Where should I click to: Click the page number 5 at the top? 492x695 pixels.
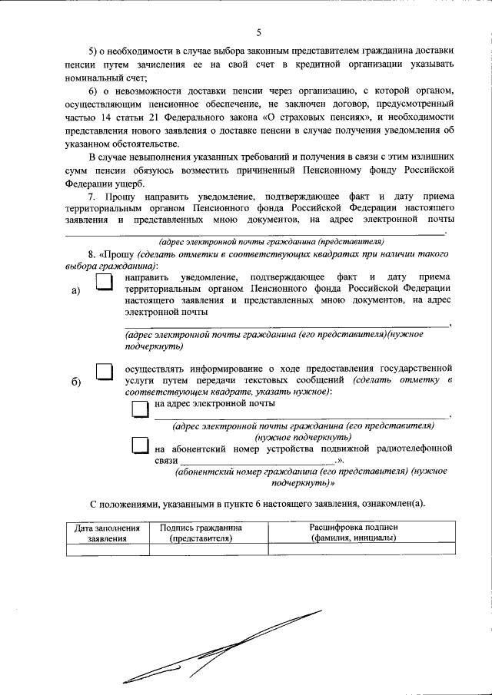click(x=259, y=31)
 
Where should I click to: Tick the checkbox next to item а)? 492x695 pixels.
click(x=103, y=283)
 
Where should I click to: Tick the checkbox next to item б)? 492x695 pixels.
click(x=103, y=372)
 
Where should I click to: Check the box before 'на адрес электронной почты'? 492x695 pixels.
click(x=138, y=408)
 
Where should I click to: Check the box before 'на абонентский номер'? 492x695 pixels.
click(x=138, y=445)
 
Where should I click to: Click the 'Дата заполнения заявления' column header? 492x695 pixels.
click(x=107, y=533)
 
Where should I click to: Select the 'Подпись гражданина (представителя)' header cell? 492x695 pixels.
click(x=201, y=533)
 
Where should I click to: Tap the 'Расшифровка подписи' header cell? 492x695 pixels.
click(x=354, y=533)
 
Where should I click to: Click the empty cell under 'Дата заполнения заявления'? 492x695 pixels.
click(x=107, y=548)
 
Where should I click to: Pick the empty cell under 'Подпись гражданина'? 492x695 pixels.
click(x=201, y=548)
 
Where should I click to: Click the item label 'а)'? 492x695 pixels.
click(x=75, y=290)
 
